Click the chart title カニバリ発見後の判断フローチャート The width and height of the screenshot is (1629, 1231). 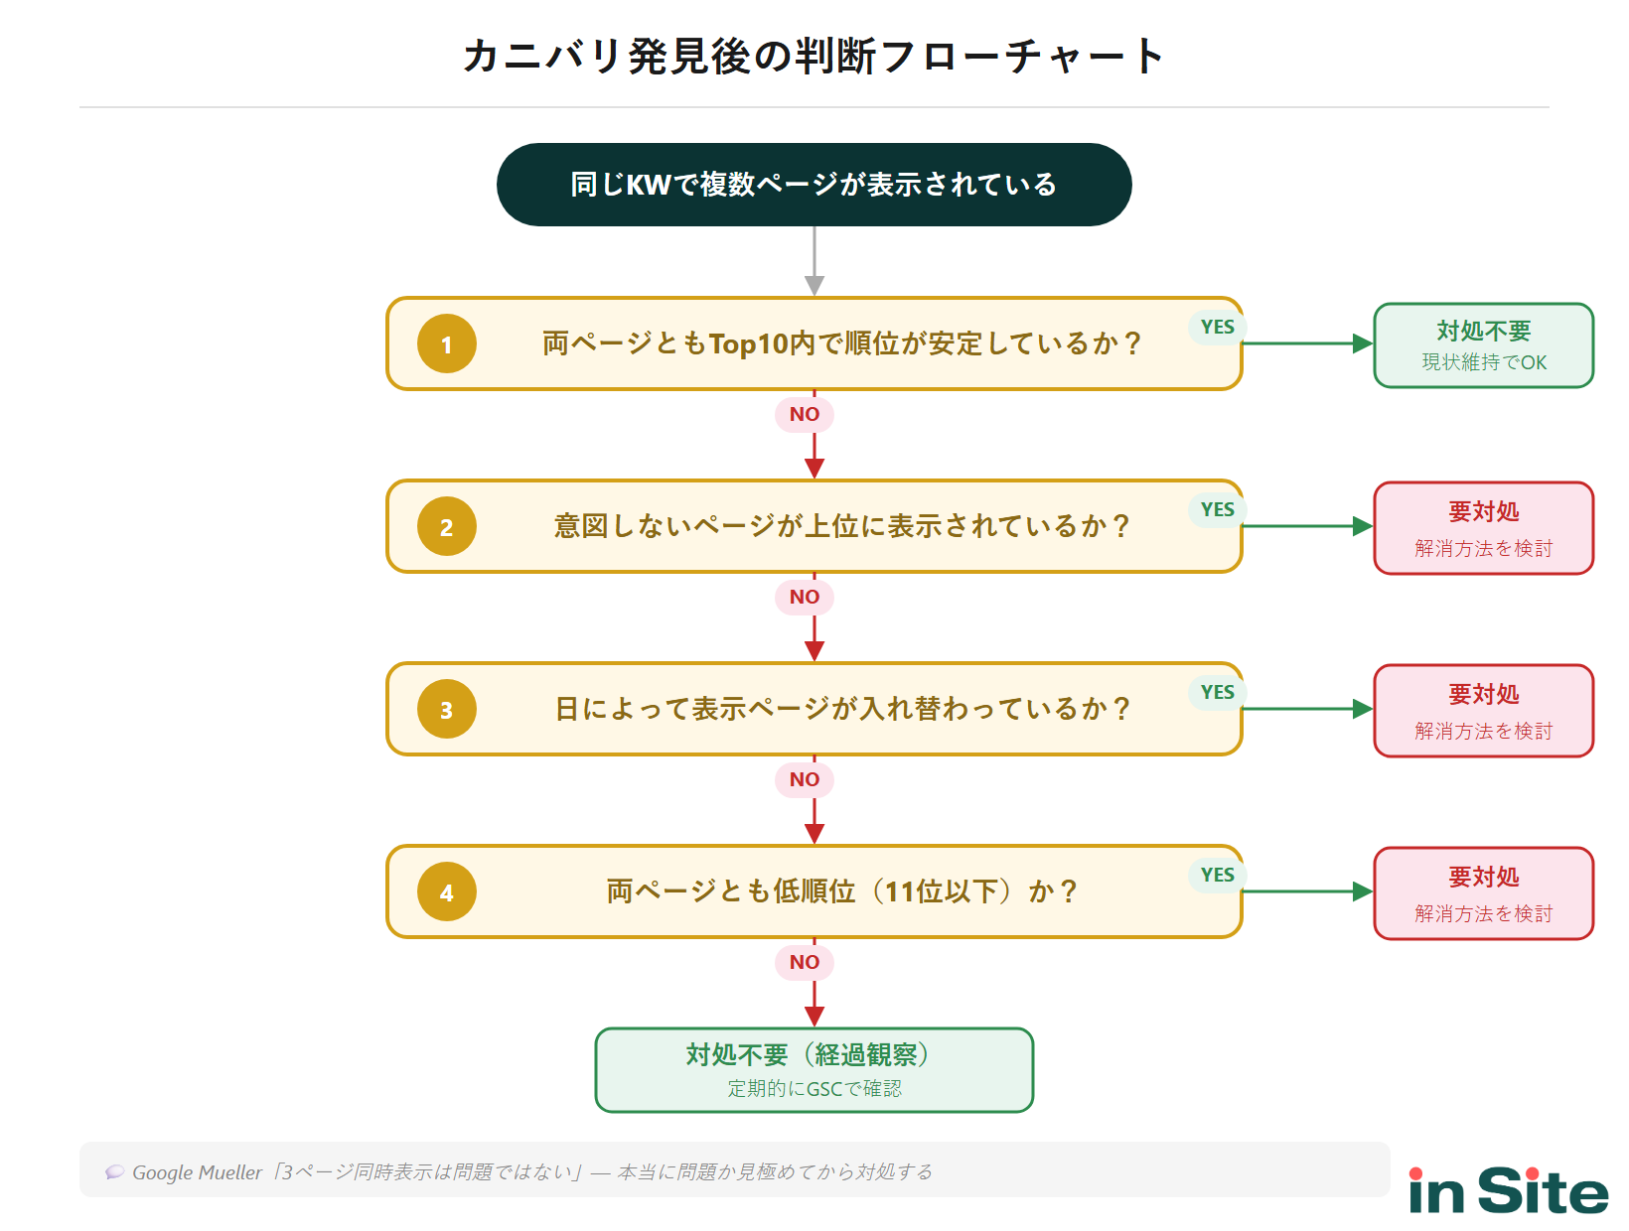(x=813, y=56)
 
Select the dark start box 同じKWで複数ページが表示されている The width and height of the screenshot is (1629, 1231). (x=814, y=185)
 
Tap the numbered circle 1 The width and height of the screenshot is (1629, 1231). (x=447, y=343)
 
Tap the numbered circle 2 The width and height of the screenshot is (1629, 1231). (x=447, y=526)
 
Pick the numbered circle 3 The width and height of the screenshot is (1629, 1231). (x=447, y=709)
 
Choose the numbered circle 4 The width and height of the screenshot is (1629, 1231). (x=447, y=891)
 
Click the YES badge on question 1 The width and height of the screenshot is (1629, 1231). (x=1217, y=327)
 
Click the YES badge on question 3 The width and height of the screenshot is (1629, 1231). (x=1217, y=692)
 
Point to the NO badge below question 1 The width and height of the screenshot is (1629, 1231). (x=805, y=414)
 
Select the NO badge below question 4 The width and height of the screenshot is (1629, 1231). (x=805, y=962)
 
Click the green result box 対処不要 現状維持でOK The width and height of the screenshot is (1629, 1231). (x=1483, y=345)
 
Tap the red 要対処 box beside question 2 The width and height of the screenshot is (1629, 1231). (x=1483, y=528)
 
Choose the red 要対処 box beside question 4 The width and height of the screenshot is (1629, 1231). (x=1483, y=893)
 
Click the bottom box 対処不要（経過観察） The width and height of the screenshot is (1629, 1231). (x=814, y=1070)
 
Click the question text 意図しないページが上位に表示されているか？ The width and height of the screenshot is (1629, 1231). (x=840, y=526)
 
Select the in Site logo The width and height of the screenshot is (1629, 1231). (x=1508, y=1190)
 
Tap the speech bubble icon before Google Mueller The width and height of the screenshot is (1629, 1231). (x=115, y=1171)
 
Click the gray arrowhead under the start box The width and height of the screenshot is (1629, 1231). (x=814, y=286)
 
